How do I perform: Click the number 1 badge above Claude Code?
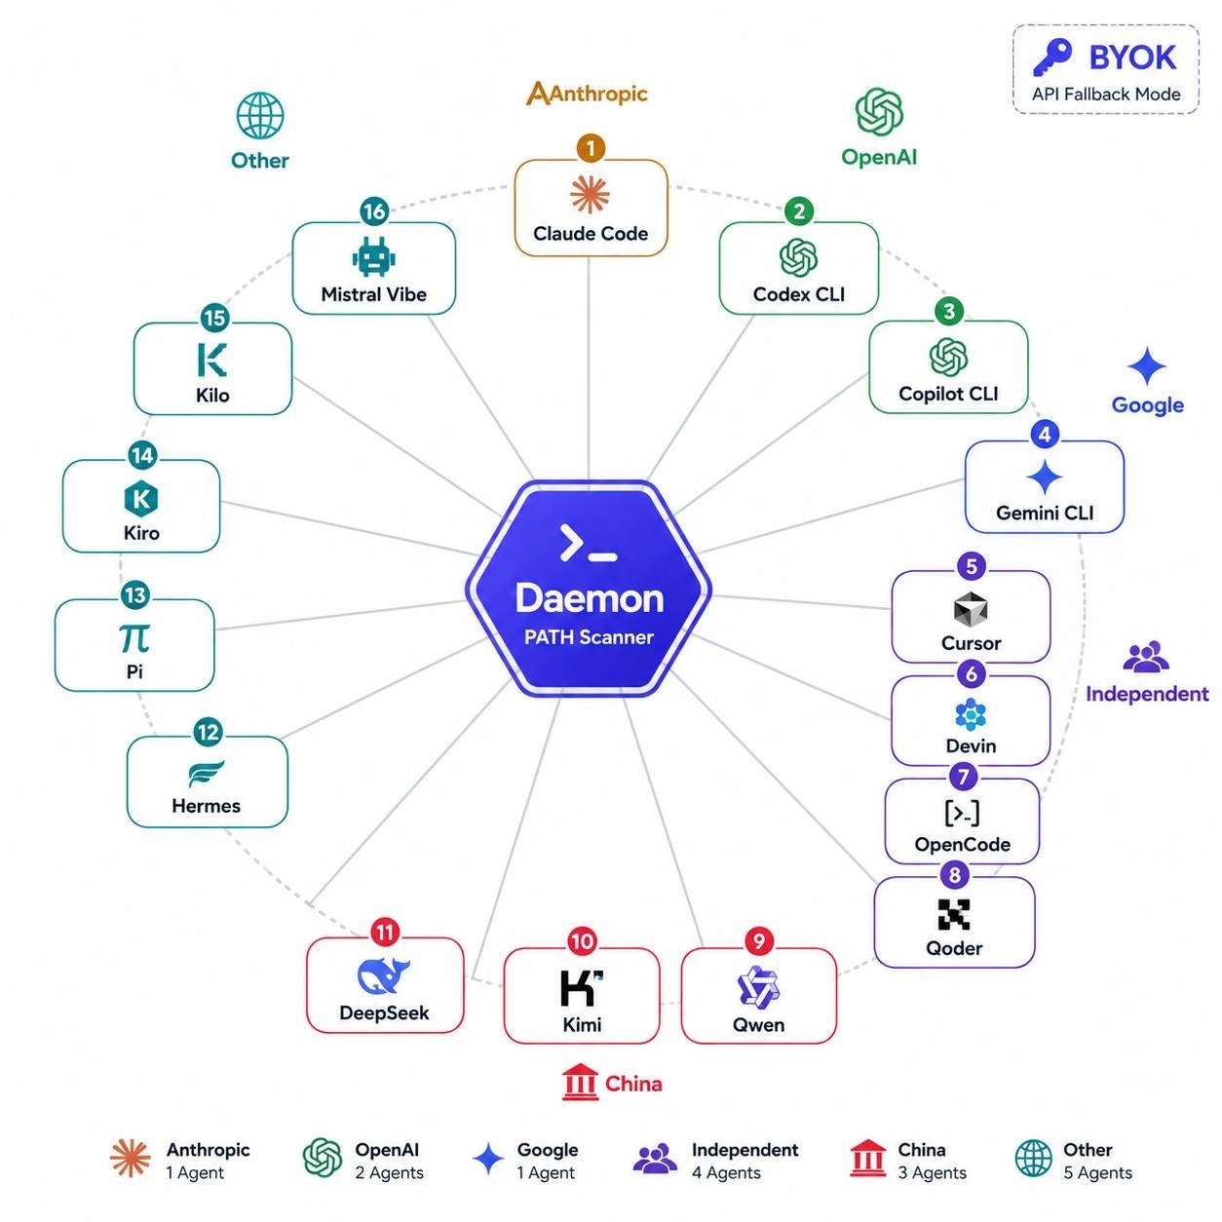[x=590, y=148]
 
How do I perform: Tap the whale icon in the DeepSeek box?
[x=384, y=974]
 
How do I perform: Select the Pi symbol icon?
[x=134, y=638]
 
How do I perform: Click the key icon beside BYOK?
[x=1052, y=57]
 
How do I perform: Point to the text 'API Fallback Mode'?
[x=1105, y=95]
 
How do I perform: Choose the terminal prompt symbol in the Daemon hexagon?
[x=588, y=543]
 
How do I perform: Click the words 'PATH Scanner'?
[x=588, y=636]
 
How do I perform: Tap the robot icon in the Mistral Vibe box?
[x=373, y=257]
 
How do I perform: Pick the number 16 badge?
[x=374, y=211]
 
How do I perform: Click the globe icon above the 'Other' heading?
[x=260, y=115]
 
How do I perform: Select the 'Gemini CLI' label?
[x=1044, y=513]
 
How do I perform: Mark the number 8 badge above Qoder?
[x=954, y=875]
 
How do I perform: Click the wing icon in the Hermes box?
[x=206, y=774]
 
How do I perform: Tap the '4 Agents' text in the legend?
[x=725, y=1172]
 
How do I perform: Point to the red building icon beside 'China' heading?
[x=580, y=1083]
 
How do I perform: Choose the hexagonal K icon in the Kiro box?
[x=140, y=498]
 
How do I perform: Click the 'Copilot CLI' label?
[x=947, y=394]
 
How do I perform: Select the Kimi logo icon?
[x=581, y=988]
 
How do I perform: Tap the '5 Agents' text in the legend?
[x=1097, y=1172]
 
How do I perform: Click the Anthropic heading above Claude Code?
[x=587, y=94]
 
